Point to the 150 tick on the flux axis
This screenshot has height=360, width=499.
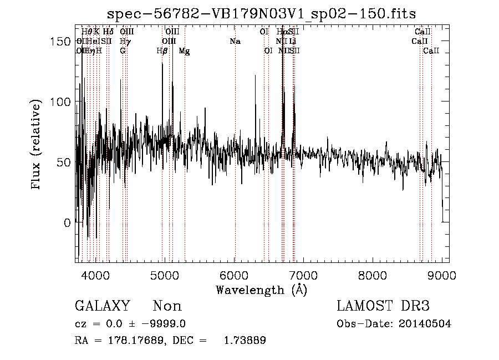pyautogui.click(x=64, y=42)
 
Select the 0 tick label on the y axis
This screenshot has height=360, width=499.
pyautogui.click(x=68, y=223)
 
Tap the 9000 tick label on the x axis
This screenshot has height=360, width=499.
pyautogui.click(x=442, y=275)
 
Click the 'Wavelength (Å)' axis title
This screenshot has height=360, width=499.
pyautogui.click(x=261, y=290)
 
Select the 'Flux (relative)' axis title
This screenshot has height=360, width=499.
pyautogui.click(x=37, y=145)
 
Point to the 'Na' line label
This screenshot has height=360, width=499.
pyautogui.click(x=235, y=42)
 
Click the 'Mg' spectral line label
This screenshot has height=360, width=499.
pyautogui.click(x=185, y=51)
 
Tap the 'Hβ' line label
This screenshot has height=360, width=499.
pyautogui.click(x=162, y=51)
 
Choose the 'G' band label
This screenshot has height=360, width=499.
pyautogui.click(x=123, y=51)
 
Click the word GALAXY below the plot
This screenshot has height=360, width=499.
pyautogui.click(x=102, y=306)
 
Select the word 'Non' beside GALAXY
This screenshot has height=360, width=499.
pyautogui.click(x=167, y=306)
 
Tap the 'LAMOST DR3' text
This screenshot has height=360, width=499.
pyautogui.click(x=383, y=306)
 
